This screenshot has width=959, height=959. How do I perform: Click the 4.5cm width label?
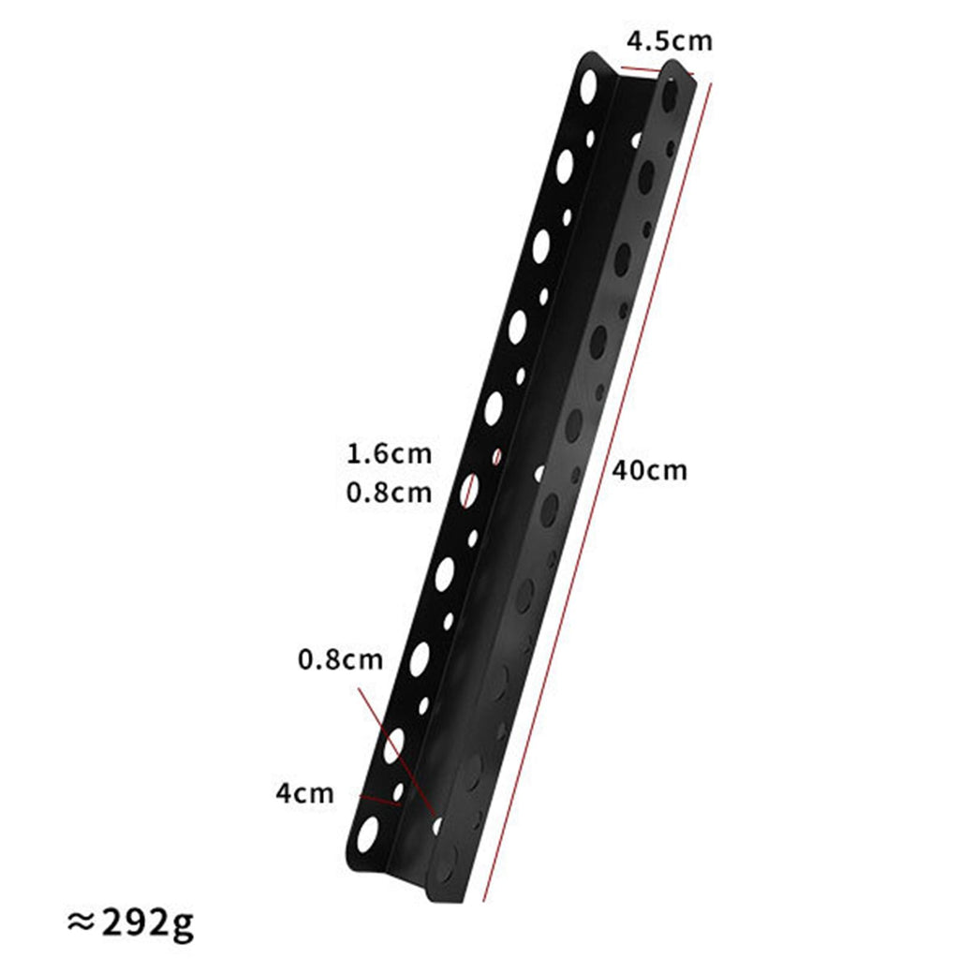670,41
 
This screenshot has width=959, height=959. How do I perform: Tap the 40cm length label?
650,470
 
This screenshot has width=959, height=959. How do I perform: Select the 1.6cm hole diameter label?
389,454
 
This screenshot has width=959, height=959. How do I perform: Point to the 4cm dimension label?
304,793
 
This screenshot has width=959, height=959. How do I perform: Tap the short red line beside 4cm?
380,801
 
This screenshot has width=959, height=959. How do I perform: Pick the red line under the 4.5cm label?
657,71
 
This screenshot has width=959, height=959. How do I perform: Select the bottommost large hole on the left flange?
367,835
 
